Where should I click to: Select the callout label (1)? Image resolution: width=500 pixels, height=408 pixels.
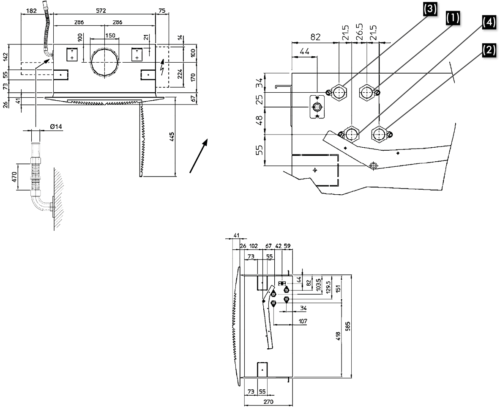453,18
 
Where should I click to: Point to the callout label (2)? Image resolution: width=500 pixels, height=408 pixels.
488,50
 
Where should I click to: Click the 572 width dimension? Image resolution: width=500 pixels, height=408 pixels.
100,10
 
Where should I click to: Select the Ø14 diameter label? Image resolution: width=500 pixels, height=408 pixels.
57,127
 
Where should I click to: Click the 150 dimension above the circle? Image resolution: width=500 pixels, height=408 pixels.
110,36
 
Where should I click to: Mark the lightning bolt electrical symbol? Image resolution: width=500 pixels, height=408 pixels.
164,67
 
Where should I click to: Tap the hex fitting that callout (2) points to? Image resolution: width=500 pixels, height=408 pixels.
379,134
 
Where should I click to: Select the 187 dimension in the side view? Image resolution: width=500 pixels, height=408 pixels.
302,322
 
